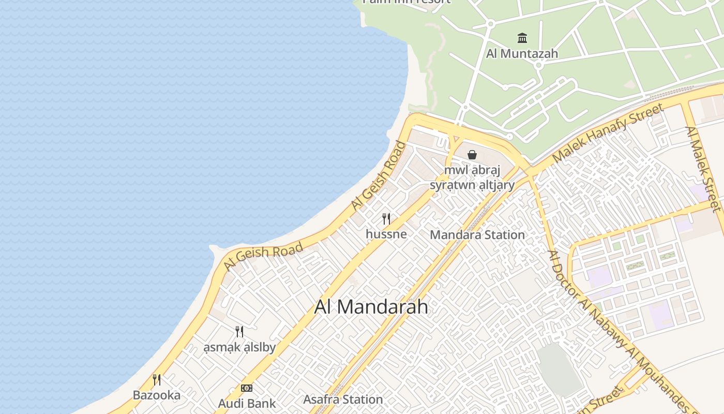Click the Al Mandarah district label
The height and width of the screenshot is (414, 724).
click(371, 307)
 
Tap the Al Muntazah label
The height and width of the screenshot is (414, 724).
click(522, 53)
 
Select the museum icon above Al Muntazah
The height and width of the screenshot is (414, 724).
click(522, 38)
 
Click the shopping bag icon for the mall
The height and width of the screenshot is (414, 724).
click(472, 154)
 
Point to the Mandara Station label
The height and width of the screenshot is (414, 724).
click(477, 235)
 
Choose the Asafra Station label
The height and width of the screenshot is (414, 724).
click(343, 400)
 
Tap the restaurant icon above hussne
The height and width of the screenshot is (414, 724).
click(386, 218)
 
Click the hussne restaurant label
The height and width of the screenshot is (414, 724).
click(386, 234)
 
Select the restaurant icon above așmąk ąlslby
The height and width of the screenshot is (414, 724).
click(239, 331)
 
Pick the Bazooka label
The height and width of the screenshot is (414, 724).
click(157, 395)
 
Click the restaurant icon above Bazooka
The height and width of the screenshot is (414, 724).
click(157, 380)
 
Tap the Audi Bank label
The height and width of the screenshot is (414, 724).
click(247, 403)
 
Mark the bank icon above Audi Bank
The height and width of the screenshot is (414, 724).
click(247, 388)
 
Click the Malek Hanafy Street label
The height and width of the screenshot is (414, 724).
click(607, 133)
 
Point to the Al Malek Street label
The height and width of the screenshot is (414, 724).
click(703, 169)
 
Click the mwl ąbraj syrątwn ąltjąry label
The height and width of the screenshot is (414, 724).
click(472, 178)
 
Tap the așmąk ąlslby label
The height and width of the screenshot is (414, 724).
click(239, 347)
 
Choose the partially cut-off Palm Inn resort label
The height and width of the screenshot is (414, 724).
click(406, 2)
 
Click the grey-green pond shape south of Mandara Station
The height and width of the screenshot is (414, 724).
click(560, 369)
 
